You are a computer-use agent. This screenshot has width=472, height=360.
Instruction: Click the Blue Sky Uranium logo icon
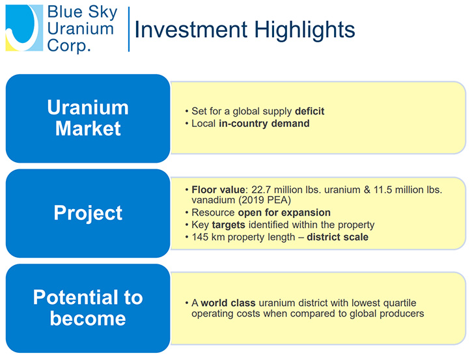[24, 28]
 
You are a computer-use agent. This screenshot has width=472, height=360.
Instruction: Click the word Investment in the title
[191, 30]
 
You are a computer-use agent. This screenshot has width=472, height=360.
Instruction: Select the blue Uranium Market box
[88, 118]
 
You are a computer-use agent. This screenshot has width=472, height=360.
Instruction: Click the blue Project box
[88, 213]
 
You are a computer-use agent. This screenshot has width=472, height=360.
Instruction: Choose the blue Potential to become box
[88, 308]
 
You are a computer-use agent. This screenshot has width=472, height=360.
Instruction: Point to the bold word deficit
[309, 111]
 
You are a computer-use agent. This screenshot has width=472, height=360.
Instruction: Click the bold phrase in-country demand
[264, 124]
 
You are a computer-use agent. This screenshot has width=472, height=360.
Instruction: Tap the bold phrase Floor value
[218, 189]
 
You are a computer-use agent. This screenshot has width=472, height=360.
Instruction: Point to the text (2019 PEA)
[266, 200]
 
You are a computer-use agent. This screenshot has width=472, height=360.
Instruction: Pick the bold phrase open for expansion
[284, 212]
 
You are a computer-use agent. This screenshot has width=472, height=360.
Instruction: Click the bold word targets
[229, 225]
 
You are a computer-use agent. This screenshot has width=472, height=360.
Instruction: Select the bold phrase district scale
[337, 237]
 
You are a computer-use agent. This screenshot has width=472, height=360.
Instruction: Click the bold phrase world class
[228, 303]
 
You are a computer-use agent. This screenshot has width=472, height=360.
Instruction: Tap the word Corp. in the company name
[68, 46]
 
